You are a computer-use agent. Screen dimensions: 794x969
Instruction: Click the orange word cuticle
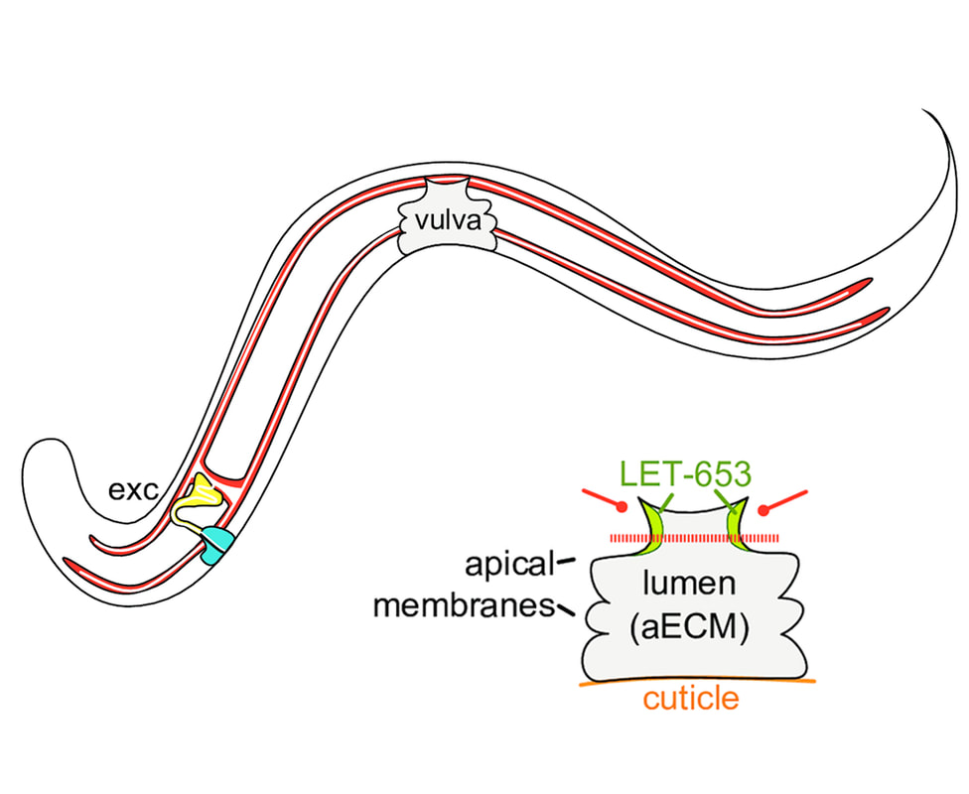click(691, 698)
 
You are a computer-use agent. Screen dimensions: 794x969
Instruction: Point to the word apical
click(507, 566)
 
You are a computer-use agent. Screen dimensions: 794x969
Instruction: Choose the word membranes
click(462, 605)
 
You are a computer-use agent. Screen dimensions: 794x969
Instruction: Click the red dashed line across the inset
click(695, 538)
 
